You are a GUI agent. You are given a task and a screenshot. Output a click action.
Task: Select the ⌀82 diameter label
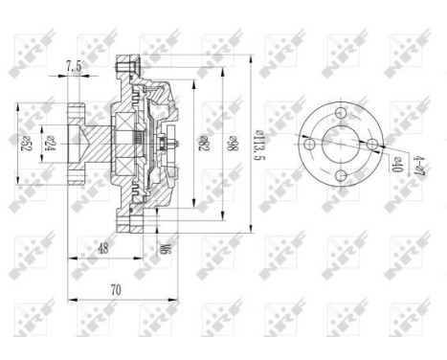point(202,145)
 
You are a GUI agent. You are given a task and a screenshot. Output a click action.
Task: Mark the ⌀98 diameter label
point(230,145)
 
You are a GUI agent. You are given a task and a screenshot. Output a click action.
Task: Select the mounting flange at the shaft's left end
point(75,144)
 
